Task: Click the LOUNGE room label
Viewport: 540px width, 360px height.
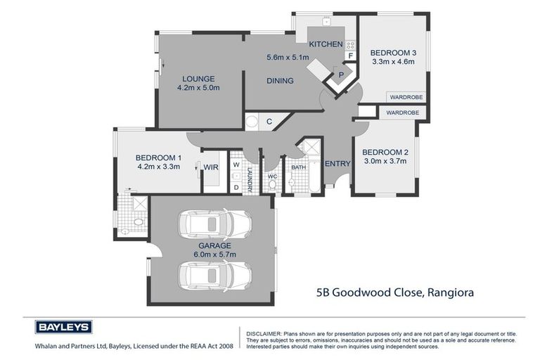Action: (x=198, y=79)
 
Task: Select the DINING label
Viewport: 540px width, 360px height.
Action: (x=280, y=81)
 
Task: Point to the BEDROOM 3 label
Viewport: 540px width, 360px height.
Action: (x=394, y=53)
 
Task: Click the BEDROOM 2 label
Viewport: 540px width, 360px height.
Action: (x=385, y=152)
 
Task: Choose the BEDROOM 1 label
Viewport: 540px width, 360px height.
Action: (x=159, y=157)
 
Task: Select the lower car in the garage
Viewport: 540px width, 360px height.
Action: (x=215, y=275)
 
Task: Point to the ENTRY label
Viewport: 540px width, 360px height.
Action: (x=337, y=164)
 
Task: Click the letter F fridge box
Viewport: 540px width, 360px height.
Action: (x=349, y=56)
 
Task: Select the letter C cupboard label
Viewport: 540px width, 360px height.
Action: (x=269, y=122)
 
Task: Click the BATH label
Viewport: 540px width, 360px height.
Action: (x=298, y=167)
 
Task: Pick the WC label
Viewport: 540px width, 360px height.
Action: (x=272, y=176)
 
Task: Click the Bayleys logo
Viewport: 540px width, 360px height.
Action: (x=63, y=327)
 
